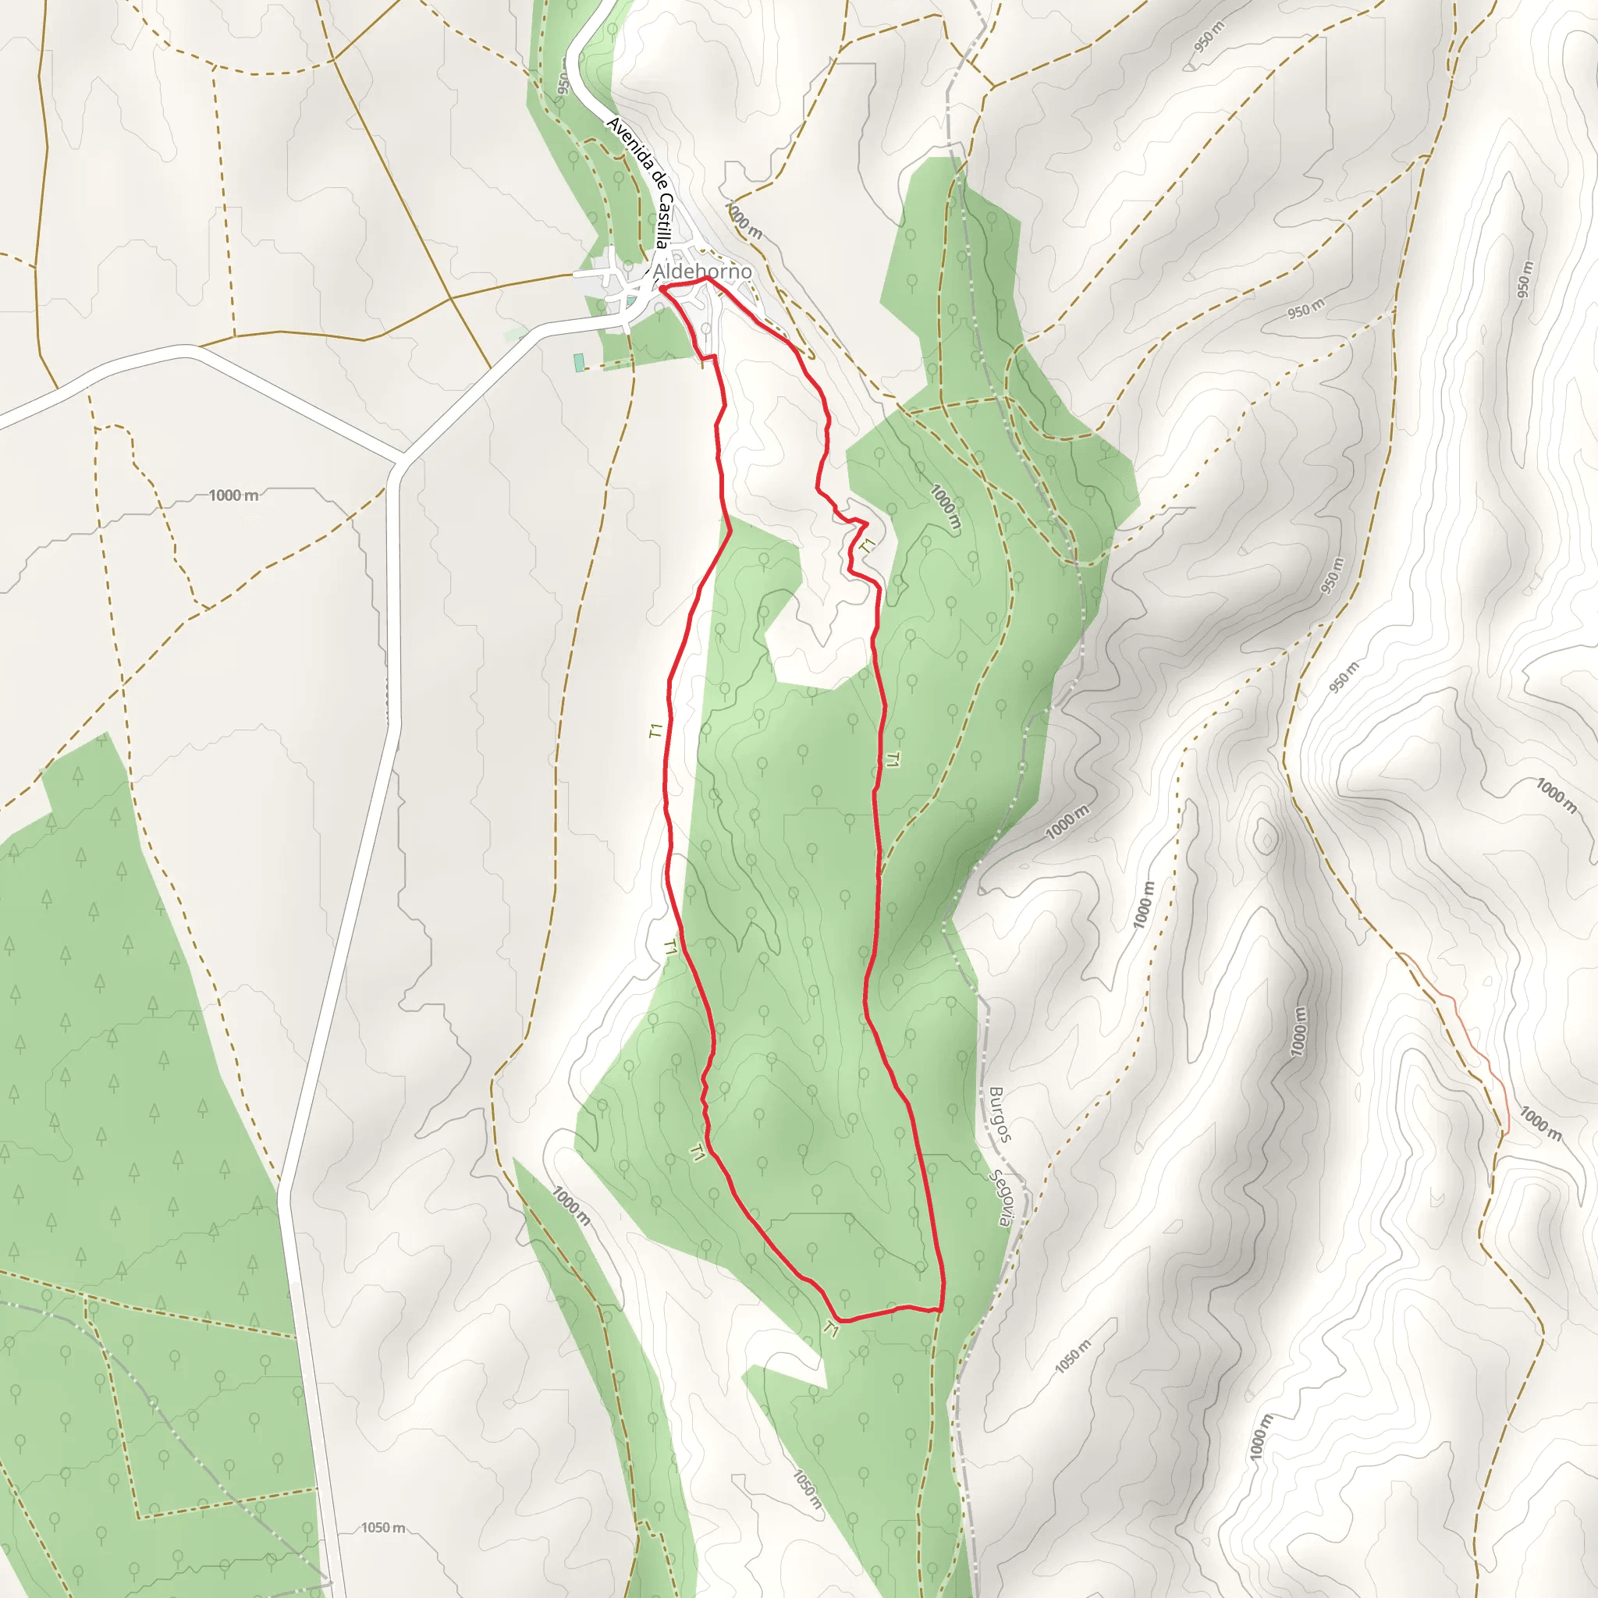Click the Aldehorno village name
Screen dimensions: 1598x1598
click(701, 272)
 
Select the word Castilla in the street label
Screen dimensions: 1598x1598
click(663, 221)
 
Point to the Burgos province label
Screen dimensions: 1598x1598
click(1000, 1114)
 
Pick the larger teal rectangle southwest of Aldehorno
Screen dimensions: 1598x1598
click(578, 361)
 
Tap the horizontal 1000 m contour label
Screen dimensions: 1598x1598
click(233, 495)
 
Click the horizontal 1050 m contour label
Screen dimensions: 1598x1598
click(383, 1527)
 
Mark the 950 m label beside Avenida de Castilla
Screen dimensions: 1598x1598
click(563, 84)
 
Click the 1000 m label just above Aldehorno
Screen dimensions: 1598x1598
click(743, 221)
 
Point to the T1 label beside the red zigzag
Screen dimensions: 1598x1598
click(867, 546)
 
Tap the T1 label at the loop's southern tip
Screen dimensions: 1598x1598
click(832, 1330)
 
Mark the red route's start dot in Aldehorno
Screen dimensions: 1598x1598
click(662, 289)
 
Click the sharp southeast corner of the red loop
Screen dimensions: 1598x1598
click(942, 1310)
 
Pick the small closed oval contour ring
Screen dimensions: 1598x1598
click(1266, 837)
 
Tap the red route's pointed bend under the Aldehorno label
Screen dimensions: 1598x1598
click(708, 279)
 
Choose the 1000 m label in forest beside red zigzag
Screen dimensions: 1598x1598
click(946, 506)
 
